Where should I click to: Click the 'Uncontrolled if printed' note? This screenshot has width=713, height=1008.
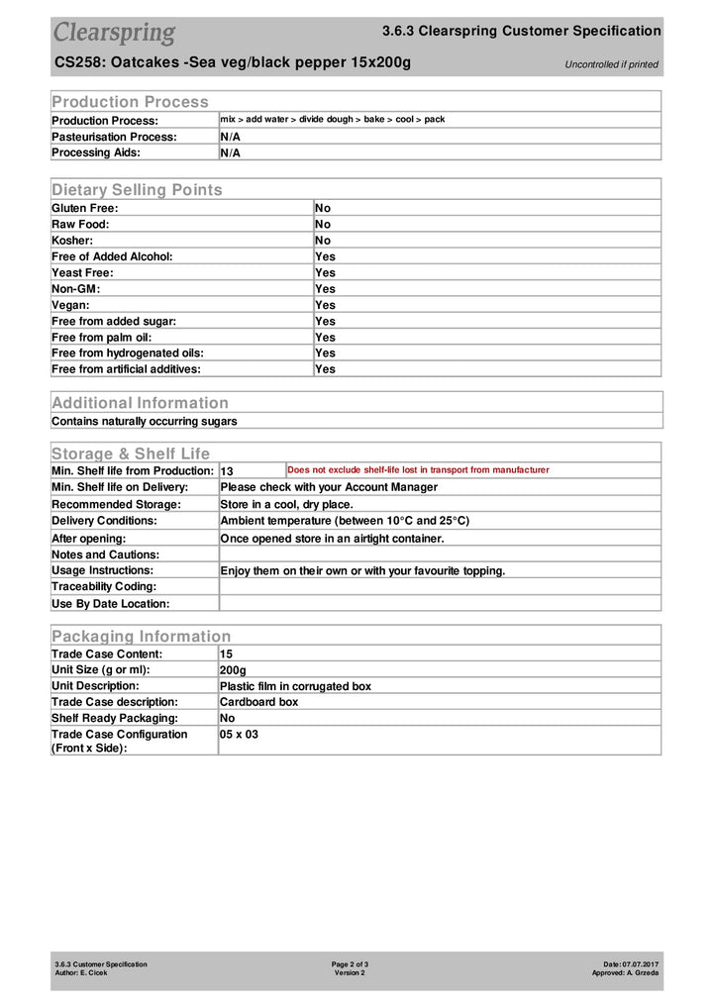[611, 65]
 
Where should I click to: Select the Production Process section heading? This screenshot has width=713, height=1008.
[130, 101]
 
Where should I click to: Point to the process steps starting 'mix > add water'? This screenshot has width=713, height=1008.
[332, 119]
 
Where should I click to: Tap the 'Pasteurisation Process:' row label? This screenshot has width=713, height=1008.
[114, 137]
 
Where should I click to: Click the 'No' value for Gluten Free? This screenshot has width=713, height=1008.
[323, 208]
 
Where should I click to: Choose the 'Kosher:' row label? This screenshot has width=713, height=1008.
[72, 241]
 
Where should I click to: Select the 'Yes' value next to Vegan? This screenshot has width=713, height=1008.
[325, 305]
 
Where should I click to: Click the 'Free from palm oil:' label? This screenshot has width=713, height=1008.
[109, 337]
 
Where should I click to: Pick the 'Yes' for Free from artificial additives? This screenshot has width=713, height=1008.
[325, 369]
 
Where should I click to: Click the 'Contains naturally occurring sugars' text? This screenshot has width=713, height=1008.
[145, 421]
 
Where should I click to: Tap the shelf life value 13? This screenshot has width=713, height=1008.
[227, 471]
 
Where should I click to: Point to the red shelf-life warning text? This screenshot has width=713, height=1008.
[418, 470]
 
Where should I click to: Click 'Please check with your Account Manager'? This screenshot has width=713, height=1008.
[328, 487]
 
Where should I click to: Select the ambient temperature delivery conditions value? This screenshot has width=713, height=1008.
[345, 520]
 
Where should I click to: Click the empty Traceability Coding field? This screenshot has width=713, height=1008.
[439, 587]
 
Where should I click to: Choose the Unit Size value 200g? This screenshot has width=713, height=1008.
[233, 670]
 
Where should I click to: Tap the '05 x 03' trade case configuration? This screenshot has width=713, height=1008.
[239, 735]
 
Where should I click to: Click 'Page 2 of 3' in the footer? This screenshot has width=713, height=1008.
[350, 963]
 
